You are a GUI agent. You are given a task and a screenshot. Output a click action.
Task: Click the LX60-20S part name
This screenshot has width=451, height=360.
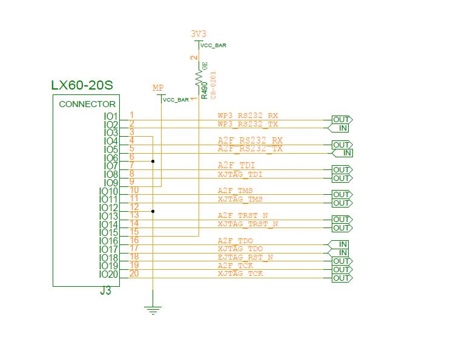pos(82,85)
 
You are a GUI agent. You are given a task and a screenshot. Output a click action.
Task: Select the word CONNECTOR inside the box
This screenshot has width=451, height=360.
pos(87,104)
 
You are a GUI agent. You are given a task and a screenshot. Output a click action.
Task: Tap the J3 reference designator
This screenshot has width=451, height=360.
pos(105,291)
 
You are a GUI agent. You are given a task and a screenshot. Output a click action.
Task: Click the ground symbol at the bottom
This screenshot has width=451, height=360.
pos(153,310)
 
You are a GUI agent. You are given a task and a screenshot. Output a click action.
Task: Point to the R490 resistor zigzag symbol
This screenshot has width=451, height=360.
pos(198,78)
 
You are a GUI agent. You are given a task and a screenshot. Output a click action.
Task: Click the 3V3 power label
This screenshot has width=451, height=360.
pos(199,34)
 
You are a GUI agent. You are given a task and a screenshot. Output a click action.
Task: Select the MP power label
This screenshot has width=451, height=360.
pos(158,88)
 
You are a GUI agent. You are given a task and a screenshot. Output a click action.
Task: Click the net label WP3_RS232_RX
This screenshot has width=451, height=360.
pos(248,116)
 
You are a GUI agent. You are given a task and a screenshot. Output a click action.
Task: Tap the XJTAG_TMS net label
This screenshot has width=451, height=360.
pos(240,199)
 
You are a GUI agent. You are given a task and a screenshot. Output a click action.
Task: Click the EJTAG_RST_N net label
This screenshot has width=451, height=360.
pos(245,257)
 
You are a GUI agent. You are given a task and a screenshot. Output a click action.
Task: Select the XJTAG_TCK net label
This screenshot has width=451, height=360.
pos(240,274)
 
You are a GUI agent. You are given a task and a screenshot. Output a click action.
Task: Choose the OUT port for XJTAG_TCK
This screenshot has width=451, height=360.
pos(341,278)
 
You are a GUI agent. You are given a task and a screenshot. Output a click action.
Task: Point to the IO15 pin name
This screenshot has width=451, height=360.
pos(108,233)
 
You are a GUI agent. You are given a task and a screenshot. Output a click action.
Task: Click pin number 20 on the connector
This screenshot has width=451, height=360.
pos(134,274)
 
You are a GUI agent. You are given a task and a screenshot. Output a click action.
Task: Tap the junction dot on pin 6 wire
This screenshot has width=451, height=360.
pos(153,162)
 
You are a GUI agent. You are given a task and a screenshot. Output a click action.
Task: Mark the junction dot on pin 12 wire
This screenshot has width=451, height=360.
pos(153,211)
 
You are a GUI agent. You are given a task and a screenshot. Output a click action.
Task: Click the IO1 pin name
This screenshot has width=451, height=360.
pos(111,116)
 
